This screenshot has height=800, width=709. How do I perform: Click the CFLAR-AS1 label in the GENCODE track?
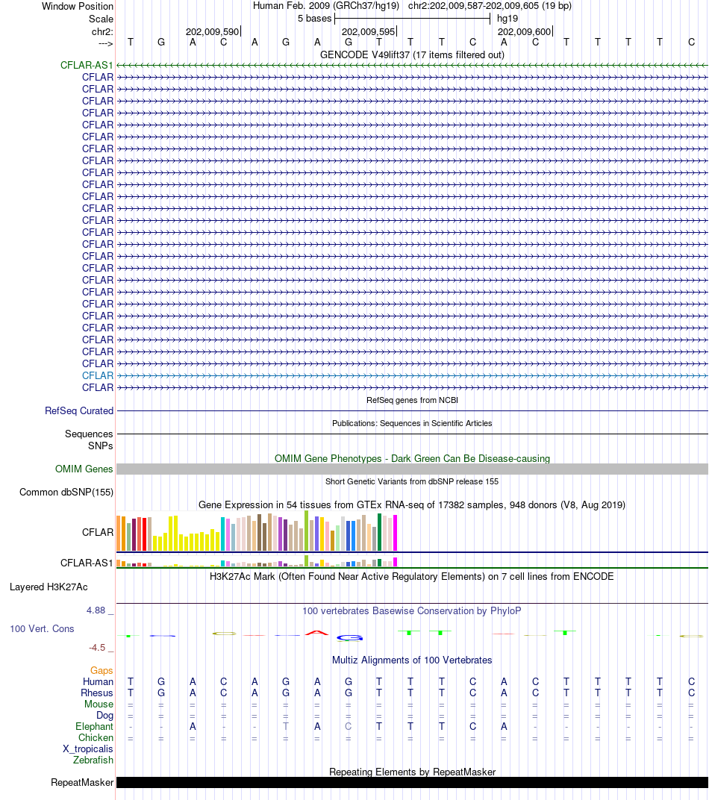point(87,66)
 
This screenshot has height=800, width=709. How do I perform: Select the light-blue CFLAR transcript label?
point(98,375)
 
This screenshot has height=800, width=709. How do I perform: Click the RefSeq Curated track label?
point(79,410)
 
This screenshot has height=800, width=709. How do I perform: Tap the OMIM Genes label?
point(84,469)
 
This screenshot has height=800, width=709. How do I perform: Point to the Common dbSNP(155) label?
point(66,493)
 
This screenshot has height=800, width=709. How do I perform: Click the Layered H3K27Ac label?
point(49,587)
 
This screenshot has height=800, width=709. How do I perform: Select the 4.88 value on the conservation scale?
point(96,610)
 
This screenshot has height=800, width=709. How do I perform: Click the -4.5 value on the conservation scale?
point(97,648)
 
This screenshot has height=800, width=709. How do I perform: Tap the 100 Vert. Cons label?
point(42,628)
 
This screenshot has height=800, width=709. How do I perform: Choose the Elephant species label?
point(94,727)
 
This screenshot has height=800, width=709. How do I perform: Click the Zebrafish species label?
point(93,760)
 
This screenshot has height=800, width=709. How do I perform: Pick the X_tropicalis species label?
point(88,749)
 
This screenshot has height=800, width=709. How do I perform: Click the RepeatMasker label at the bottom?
point(82,783)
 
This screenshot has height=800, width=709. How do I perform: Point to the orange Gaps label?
point(101,670)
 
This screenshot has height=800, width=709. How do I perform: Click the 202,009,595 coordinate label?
point(368,31)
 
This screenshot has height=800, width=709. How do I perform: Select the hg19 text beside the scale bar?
point(507,19)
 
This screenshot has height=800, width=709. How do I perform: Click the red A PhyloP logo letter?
point(316,633)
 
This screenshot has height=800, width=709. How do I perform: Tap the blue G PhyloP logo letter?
point(349,638)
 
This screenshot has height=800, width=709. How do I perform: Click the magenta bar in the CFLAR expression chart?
point(395,533)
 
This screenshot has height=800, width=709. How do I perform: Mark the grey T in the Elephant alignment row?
point(286,727)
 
